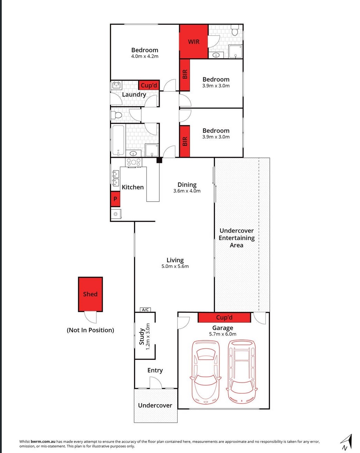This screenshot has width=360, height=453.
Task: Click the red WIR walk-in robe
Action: coord(193,41)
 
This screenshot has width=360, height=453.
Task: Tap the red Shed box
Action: coord(90,294)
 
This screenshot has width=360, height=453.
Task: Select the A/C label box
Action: coord(145,310)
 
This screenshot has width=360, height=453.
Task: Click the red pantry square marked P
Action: coord(115,199)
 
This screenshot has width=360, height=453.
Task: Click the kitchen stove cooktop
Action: coord(133,162)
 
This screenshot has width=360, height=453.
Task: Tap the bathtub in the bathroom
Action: coord(118,140)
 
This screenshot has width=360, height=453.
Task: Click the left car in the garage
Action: coord(206,372)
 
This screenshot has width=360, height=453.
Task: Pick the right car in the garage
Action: coord(242,371)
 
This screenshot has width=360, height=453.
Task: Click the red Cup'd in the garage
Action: coord(224,317)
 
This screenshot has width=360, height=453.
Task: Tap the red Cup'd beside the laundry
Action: coord(149,85)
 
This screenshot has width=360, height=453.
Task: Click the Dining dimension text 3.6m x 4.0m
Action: coord(187,191)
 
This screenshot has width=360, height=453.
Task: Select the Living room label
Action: coord(175,260)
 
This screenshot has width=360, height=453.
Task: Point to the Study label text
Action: coord(142,337)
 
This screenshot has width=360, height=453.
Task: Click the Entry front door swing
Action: coord(156,383)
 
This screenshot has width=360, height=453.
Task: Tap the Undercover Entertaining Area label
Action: coord(237,238)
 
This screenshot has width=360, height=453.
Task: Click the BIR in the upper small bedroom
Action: coord(185,75)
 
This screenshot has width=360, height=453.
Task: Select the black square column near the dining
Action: coord(159,160)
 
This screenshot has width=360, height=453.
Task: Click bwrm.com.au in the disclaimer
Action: coord(43,441)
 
